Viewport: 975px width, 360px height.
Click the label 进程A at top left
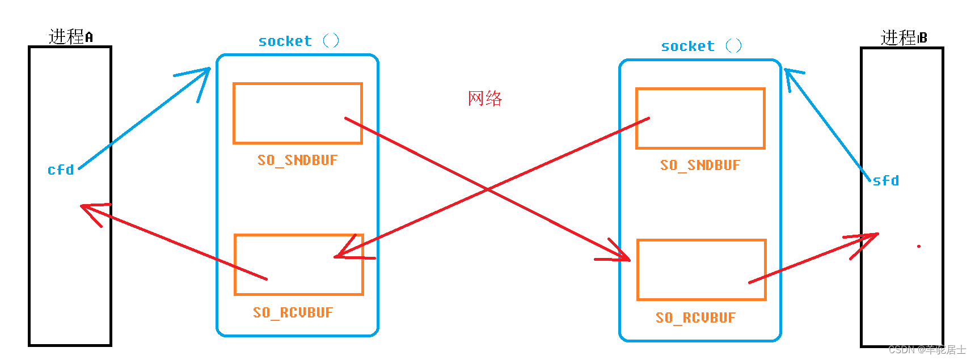click(x=70, y=37)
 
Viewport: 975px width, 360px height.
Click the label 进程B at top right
click(x=903, y=38)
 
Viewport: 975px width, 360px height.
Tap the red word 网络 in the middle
click(x=485, y=98)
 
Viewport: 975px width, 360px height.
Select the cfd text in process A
click(x=61, y=170)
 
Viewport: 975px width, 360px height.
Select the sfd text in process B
click(x=885, y=181)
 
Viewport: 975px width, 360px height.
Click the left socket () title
click(x=298, y=41)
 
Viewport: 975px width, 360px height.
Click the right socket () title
click(x=701, y=46)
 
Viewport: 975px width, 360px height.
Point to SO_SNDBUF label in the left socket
click(x=297, y=160)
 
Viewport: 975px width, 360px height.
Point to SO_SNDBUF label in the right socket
click(x=700, y=166)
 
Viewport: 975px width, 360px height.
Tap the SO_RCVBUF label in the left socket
click(x=293, y=312)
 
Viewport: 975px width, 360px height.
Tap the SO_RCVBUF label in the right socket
click(x=695, y=317)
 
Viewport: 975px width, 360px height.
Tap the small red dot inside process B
click(x=918, y=246)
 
